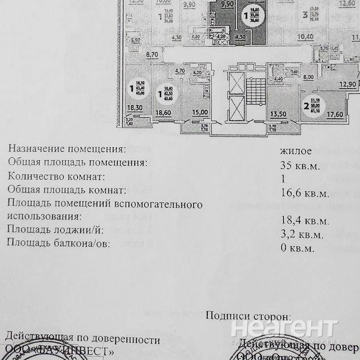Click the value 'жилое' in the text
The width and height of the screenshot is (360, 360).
(296, 151)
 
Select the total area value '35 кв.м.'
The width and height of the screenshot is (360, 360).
(300, 165)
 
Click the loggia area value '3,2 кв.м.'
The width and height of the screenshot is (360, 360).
(302, 234)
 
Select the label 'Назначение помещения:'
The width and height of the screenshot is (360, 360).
(67, 149)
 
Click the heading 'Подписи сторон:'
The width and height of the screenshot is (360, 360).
(248, 316)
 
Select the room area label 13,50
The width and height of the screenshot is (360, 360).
(277, 112)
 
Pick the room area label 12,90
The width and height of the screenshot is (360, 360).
(348, 84)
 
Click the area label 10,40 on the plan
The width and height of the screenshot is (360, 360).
(305, 37)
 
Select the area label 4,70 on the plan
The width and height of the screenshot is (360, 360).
(181, 71)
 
